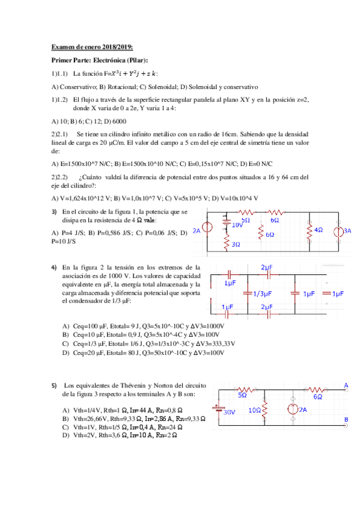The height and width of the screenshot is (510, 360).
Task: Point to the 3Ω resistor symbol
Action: [x=227, y=243]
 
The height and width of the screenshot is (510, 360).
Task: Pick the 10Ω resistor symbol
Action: [x=265, y=409]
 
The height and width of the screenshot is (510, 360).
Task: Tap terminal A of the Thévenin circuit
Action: [x=346, y=386]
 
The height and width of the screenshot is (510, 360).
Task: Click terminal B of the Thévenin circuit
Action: [x=346, y=421]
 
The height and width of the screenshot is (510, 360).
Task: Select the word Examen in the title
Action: [x=63, y=47]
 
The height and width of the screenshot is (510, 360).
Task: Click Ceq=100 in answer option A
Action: [x=87, y=325]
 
